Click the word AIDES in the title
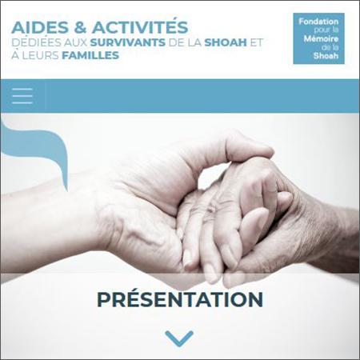(x=40, y=27)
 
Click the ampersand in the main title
(x=80, y=27)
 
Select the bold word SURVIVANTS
(x=128, y=42)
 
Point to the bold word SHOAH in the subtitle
(x=226, y=42)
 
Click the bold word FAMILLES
(x=90, y=55)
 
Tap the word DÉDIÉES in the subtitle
(x=36, y=42)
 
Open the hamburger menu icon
(x=22, y=96)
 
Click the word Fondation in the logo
(x=318, y=22)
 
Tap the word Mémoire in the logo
(x=321, y=39)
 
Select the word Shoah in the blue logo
(x=326, y=56)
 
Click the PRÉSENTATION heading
(x=180, y=298)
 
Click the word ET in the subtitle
(x=256, y=42)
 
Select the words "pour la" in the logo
(x=326, y=30)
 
